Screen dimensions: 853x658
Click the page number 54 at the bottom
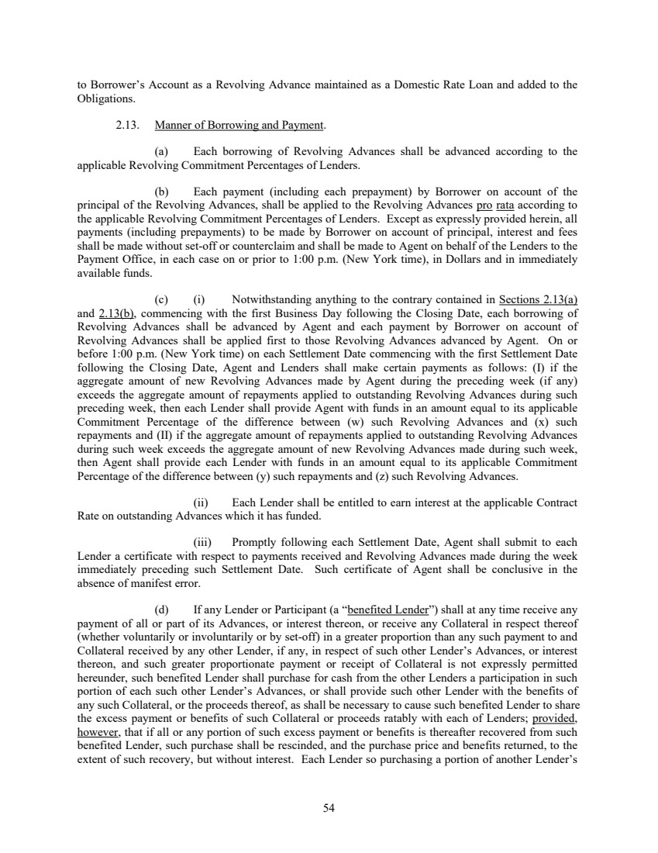[329, 809]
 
